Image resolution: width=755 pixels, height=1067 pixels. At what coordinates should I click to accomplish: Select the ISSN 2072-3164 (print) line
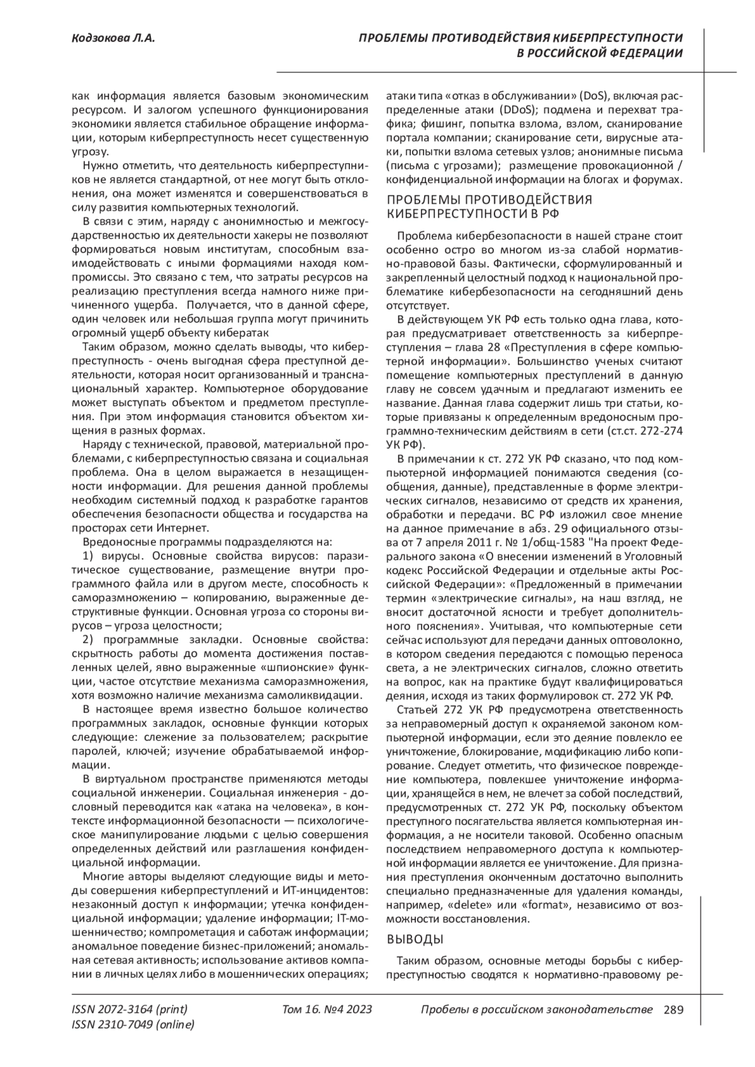pyautogui.click(x=130, y=1010)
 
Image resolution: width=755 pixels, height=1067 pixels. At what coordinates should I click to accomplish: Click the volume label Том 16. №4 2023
pyautogui.click(x=327, y=1010)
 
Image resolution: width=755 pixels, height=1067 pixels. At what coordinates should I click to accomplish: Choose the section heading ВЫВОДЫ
pyautogui.click(x=415, y=939)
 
